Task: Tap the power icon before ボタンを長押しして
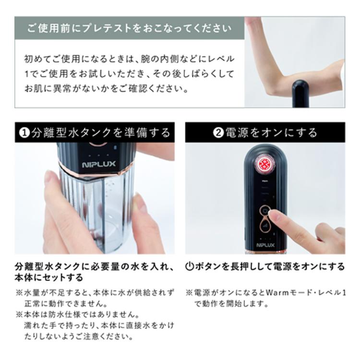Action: (x=190, y=267)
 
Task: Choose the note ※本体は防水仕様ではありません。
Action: (x=77, y=315)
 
